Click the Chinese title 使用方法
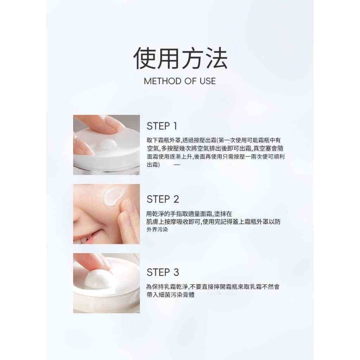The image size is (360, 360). [180, 58]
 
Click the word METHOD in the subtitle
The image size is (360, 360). [162, 81]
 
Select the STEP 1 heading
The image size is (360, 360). [162, 126]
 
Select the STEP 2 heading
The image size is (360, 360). [163, 199]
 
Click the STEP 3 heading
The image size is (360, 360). [163, 272]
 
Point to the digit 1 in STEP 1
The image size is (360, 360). [175, 126]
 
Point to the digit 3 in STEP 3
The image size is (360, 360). [176, 272]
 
